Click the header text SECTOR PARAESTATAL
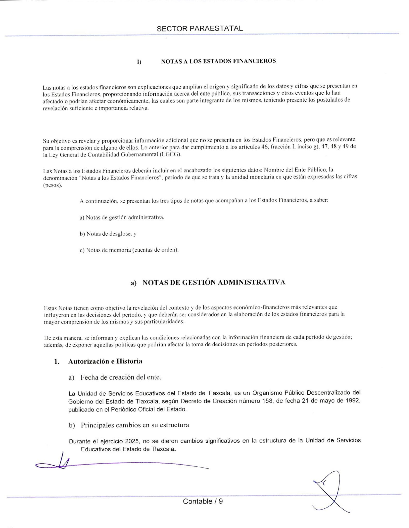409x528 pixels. pyautogui.click(x=200, y=29)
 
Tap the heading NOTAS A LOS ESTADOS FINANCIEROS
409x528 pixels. pyautogui.click(x=218, y=61)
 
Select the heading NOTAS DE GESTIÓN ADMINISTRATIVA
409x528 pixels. pyautogui.click(x=214, y=282)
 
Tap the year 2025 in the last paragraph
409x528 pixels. pyautogui.click(x=131, y=441)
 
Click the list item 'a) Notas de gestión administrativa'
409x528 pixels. pyautogui.click(x=122, y=217)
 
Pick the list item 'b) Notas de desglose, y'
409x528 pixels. pyautogui.click(x=108, y=234)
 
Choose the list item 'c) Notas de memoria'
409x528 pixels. pyautogui.click(x=129, y=250)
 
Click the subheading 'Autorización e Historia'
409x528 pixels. pyautogui.click(x=105, y=361)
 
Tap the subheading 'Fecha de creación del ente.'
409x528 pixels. pyautogui.click(x=121, y=377)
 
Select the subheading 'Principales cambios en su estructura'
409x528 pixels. pyautogui.click(x=135, y=425)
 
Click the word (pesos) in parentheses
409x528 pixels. pyautogui.click(x=52, y=185)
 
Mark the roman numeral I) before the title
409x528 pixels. pyautogui.click(x=139, y=62)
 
